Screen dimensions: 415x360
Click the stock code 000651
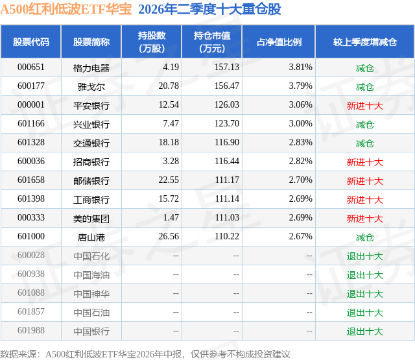pos(31,67)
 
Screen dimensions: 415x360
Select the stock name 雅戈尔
pos(91,87)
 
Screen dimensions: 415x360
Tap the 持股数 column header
pos(152,42)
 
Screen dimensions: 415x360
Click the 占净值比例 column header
pos(279,42)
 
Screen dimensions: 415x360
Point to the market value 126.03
pos(227,105)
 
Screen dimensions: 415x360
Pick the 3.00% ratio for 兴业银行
pos(300,124)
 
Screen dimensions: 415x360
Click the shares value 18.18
pos(169,143)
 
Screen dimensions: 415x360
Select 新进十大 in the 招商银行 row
pos(365,162)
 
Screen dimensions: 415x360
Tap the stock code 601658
pos(31,180)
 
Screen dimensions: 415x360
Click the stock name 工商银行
pos(91,200)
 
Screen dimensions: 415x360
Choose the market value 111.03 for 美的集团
pos(227,217)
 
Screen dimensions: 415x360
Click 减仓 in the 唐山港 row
pos(365,237)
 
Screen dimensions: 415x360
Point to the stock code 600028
pos(31,255)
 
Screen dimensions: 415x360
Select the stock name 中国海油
pos(91,275)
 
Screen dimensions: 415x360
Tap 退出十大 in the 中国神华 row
pos(365,294)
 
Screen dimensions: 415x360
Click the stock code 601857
pos(31,311)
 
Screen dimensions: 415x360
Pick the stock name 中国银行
pos(91,331)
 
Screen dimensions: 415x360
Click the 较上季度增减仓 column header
pos(365,42)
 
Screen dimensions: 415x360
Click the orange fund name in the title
pos(66,9)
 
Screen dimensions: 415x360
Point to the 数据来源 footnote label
pos(18,354)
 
